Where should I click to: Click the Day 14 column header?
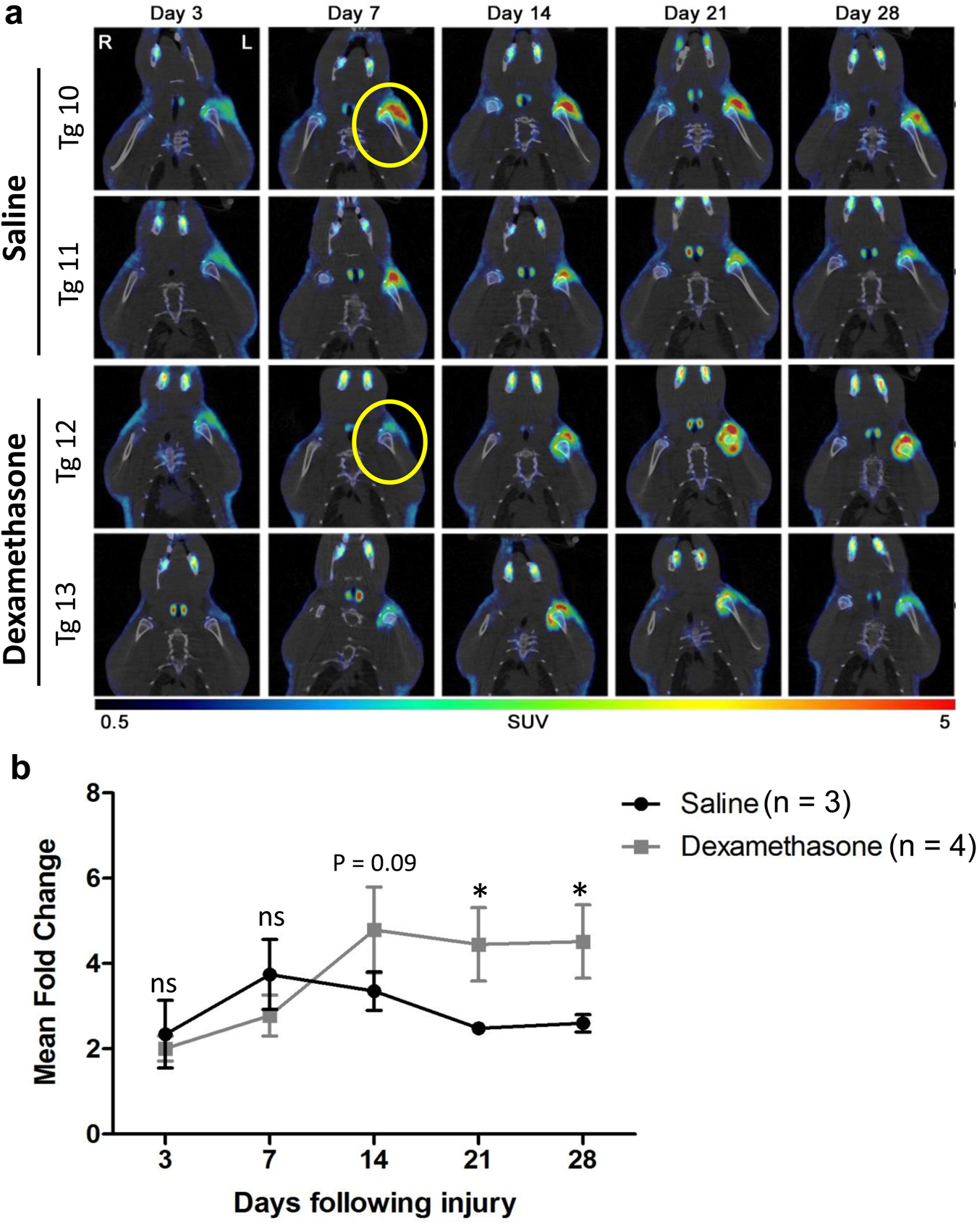pyautogui.click(x=518, y=14)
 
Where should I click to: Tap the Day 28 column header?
pyautogui.click(x=867, y=14)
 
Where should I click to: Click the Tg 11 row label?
pyautogui.click(x=70, y=276)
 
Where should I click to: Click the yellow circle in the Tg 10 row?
pyautogui.click(x=389, y=125)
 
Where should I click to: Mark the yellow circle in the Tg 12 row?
pyautogui.click(x=389, y=441)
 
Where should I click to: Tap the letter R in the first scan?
pyautogui.click(x=106, y=43)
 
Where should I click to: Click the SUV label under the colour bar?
pyautogui.click(x=528, y=722)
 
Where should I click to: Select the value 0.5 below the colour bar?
pyautogui.click(x=114, y=723)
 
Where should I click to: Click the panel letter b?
pyautogui.click(x=20, y=768)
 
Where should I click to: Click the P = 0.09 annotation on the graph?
pyautogui.click(x=374, y=863)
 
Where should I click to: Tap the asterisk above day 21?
pyautogui.click(x=479, y=892)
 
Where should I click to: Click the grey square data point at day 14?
pyautogui.click(x=374, y=929)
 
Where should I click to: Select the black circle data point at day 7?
pyautogui.click(x=270, y=975)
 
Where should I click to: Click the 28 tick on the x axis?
pyautogui.click(x=582, y=1160)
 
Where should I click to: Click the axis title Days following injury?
pyautogui.click(x=374, y=1203)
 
